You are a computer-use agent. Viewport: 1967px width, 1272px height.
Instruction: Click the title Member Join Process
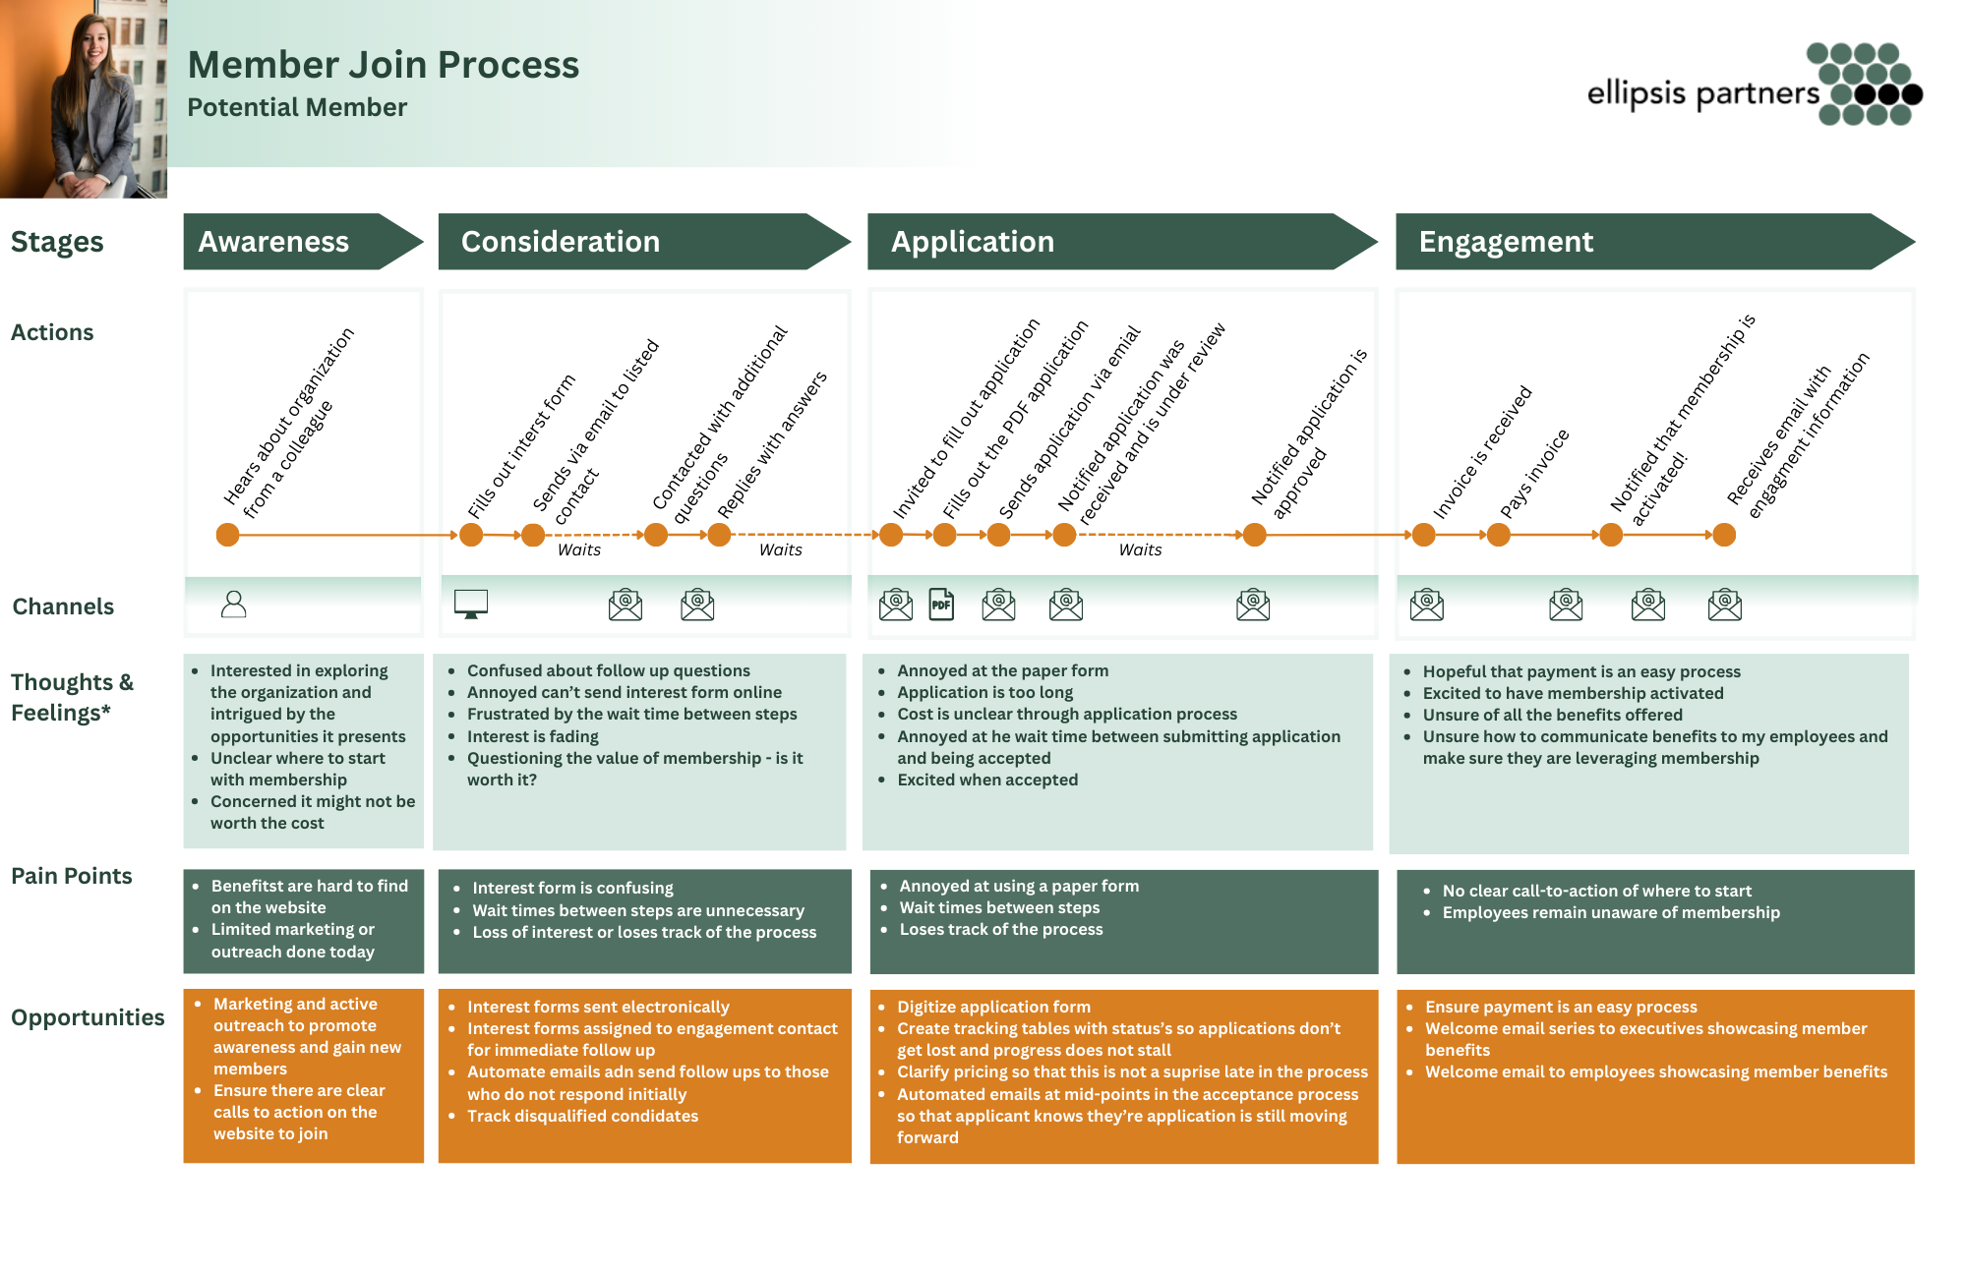[x=384, y=65]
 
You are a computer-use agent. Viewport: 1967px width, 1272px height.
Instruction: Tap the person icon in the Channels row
[x=234, y=604]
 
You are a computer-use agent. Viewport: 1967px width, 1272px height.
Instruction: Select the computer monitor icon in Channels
[x=471, y=604]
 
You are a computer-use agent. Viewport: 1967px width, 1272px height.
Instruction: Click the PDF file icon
[x=941, y=605]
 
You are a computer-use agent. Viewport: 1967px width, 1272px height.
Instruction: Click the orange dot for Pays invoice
[x=1498, y=535]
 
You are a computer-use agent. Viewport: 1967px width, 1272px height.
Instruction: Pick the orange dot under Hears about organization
[x=227, y=535]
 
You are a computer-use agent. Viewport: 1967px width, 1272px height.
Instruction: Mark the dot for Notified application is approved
[x=1254, y=535]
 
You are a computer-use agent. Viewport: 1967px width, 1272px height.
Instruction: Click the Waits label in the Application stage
[x=1140, y=550]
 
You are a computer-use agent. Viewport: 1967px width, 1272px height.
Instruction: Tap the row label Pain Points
[x=71, y=876]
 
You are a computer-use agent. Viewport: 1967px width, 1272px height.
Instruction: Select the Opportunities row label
[x=88, y=1017]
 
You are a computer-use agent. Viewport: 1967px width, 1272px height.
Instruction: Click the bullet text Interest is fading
[x=532, y=736]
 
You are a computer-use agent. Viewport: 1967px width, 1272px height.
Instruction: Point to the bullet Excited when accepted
[x=987, y=780]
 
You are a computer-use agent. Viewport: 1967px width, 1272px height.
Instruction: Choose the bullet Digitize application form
[x=993, y=1007]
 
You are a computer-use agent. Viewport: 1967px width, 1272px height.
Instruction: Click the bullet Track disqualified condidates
[x=582, y=1116]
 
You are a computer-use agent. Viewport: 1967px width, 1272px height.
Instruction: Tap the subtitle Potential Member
[x=297, y=107]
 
